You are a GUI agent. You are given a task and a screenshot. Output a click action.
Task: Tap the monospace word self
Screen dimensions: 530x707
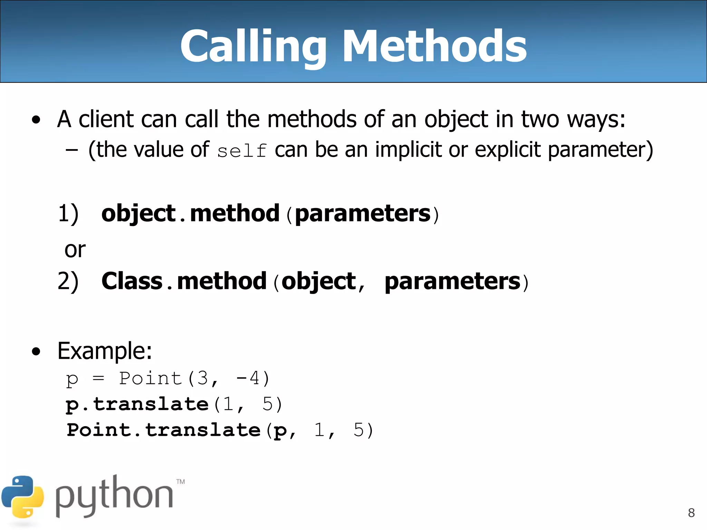pyautogui.click(x=242, y=151)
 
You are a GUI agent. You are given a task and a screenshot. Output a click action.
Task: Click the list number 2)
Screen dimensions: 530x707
pyautogui.click(x=68, y=281)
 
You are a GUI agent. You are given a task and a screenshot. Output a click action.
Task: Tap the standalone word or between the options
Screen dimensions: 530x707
pyautogui.click(x=75, y=249)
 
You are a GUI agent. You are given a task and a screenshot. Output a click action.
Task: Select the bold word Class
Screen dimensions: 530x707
pyautogui.click(x=132, y=281)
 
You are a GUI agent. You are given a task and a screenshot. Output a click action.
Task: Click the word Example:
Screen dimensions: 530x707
pyautogui.click(x=105, y=351)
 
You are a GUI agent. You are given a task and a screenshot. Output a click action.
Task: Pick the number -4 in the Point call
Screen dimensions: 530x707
pyautogui.click(x=248, y=378)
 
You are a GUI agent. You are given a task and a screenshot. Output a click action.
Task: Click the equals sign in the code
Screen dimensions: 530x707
pyautogui.click(x=98, y=378)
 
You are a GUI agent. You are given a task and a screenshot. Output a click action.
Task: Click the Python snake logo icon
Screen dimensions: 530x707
pyautogui.click(x=22, y=497)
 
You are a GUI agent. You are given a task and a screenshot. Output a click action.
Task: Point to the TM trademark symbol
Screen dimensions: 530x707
pyautogui.click(x=181, y=481)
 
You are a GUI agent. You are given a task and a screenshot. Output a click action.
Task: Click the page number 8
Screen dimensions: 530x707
pyautogui.click(x=691, y=513)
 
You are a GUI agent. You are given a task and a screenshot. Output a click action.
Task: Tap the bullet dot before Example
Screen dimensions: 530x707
pyautogui.click(x=36, y=352)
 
